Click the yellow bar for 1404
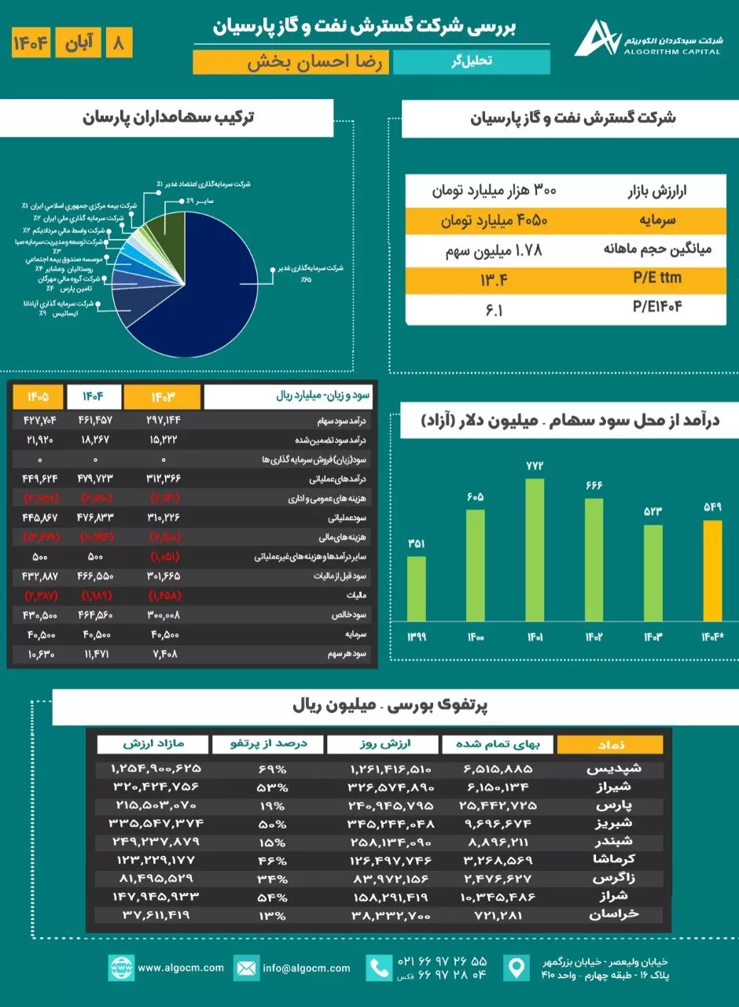[x=712, y=570]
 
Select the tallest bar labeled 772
[x=535, y=549]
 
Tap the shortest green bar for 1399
[x=417, y=588]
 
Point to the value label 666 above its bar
[x=594, y=485]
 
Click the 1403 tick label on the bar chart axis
[x=653, y=636]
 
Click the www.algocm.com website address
[x=180, y=968]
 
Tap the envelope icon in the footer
[x=247, y=968]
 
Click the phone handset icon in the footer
[x=380, y=968]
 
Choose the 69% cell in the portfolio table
[x=271, y=769]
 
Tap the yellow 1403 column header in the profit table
[x=162, y=396]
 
